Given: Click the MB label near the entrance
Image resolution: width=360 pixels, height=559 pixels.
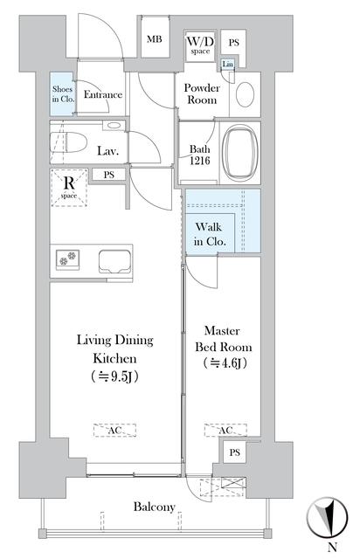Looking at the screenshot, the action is coord(154,39).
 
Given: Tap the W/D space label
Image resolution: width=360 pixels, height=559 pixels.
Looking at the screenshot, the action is coord(200,45).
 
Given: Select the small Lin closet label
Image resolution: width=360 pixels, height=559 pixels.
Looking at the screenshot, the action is coord(227,64).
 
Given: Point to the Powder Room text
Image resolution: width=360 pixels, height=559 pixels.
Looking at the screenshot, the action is coord(202,93).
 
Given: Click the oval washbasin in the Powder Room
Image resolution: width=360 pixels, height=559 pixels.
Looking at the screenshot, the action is coord(246,94).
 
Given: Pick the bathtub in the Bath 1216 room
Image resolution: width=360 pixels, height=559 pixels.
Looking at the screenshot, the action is coord(239,154).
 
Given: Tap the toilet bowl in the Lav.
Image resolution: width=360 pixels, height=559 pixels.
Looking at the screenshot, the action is coord(69,143).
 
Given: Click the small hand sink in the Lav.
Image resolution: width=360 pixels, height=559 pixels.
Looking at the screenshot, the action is coord(114,126).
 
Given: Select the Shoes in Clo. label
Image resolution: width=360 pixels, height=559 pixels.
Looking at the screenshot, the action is coord(63,94).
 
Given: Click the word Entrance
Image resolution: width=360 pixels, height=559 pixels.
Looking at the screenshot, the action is coord(103,94).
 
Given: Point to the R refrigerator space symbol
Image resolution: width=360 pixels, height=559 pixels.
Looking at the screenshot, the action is coord(69,188).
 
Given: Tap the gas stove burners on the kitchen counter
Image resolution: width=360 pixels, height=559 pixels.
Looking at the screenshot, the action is coord(68,259).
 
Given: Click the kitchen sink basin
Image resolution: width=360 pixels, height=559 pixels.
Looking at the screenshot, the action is coord(114,261).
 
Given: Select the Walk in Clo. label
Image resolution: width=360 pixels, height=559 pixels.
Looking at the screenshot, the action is coord(210,234).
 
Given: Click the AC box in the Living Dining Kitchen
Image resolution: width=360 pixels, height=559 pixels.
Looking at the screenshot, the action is coord(114,431).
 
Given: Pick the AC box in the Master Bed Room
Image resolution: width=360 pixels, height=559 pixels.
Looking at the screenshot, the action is coord(225,431).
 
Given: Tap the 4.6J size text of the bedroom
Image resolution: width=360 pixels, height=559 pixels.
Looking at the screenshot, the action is coord(225,363).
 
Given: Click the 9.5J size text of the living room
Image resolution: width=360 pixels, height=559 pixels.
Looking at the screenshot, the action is coord(114,376).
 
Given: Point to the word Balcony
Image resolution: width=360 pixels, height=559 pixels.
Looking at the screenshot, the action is coord(154,507).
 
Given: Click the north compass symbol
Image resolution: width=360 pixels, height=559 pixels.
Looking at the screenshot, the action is coord(327,518).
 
